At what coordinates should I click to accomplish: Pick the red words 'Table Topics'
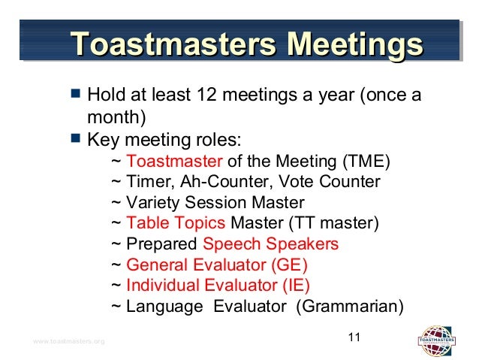[176, 223]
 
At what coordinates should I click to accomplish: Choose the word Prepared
[162, 244]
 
